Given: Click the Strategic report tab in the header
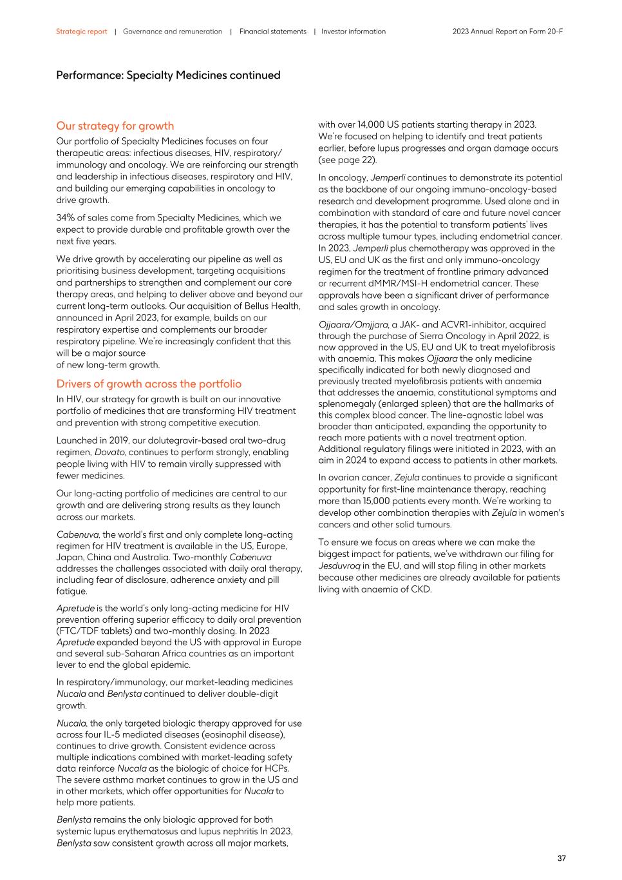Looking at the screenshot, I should point(81,32).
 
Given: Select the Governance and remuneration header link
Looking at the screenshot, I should point(172,32).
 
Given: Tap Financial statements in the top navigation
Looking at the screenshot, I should point(272,32).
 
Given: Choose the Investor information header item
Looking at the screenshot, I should point(353,32).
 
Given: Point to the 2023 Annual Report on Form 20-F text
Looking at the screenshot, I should point(507,32).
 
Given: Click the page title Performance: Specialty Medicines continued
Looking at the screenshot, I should point(168,75).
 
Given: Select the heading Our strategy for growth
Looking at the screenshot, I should point(115,126).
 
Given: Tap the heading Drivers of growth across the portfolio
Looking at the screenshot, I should point(149,384).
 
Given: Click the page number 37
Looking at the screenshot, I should point(561,858).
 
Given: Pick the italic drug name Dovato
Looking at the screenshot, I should point(109,452).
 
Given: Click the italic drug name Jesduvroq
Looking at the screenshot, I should point(339,566).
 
